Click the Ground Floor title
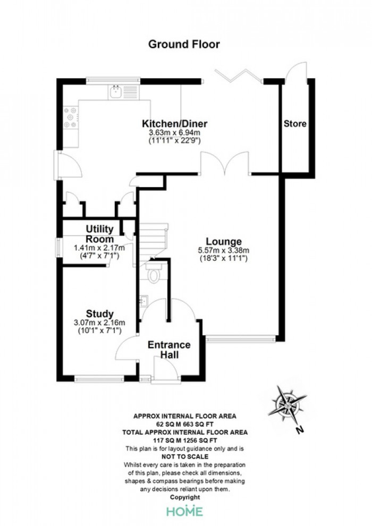coord(184,45)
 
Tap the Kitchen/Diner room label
coord(174,123)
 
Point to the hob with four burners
coord(71,117)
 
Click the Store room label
coord(295,124)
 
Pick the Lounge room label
coord(224,242)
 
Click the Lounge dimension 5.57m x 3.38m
coord(224,250)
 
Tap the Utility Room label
coord(99,234)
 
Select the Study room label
coord(99,314)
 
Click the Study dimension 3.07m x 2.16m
coord(99,323)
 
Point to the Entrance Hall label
coord(169,350)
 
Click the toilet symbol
coord(154,273)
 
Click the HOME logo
coord(185,511)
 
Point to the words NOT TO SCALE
coord(185,456)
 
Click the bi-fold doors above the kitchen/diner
coord(239,75)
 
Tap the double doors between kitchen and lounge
coord(224,163)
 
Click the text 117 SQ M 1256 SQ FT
coord(185,440)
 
